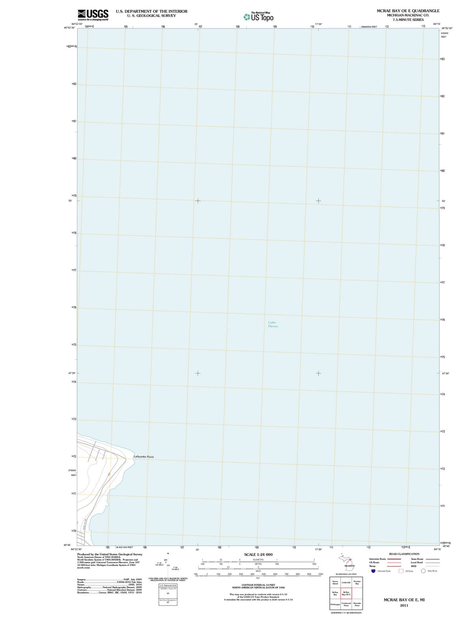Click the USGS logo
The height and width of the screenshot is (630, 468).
pos(93,15)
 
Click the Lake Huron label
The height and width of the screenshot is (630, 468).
pos(273,324)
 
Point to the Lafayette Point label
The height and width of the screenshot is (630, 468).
pos(144,457)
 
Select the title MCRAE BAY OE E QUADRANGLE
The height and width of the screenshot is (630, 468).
pos(408,11)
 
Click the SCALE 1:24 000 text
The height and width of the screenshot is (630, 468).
pos(258,554)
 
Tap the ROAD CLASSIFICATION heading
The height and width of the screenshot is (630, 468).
pos(404,554)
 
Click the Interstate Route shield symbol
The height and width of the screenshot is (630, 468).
pos(373,571)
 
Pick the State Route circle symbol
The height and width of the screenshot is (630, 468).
pos(423,571)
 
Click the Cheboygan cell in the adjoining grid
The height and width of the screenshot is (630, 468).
pos(335,604)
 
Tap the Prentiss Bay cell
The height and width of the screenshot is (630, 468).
pos(357,582)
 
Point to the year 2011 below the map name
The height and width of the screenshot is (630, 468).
pos(404,606)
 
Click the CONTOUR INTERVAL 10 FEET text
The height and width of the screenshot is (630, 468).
pos(258,585)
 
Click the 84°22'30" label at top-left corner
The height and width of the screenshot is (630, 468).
pos(77,24)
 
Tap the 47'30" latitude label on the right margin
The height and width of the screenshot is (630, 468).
pos(446,373)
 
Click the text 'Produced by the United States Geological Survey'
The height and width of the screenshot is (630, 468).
pos(110,554)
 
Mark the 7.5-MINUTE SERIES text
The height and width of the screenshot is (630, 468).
pos(408,20)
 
